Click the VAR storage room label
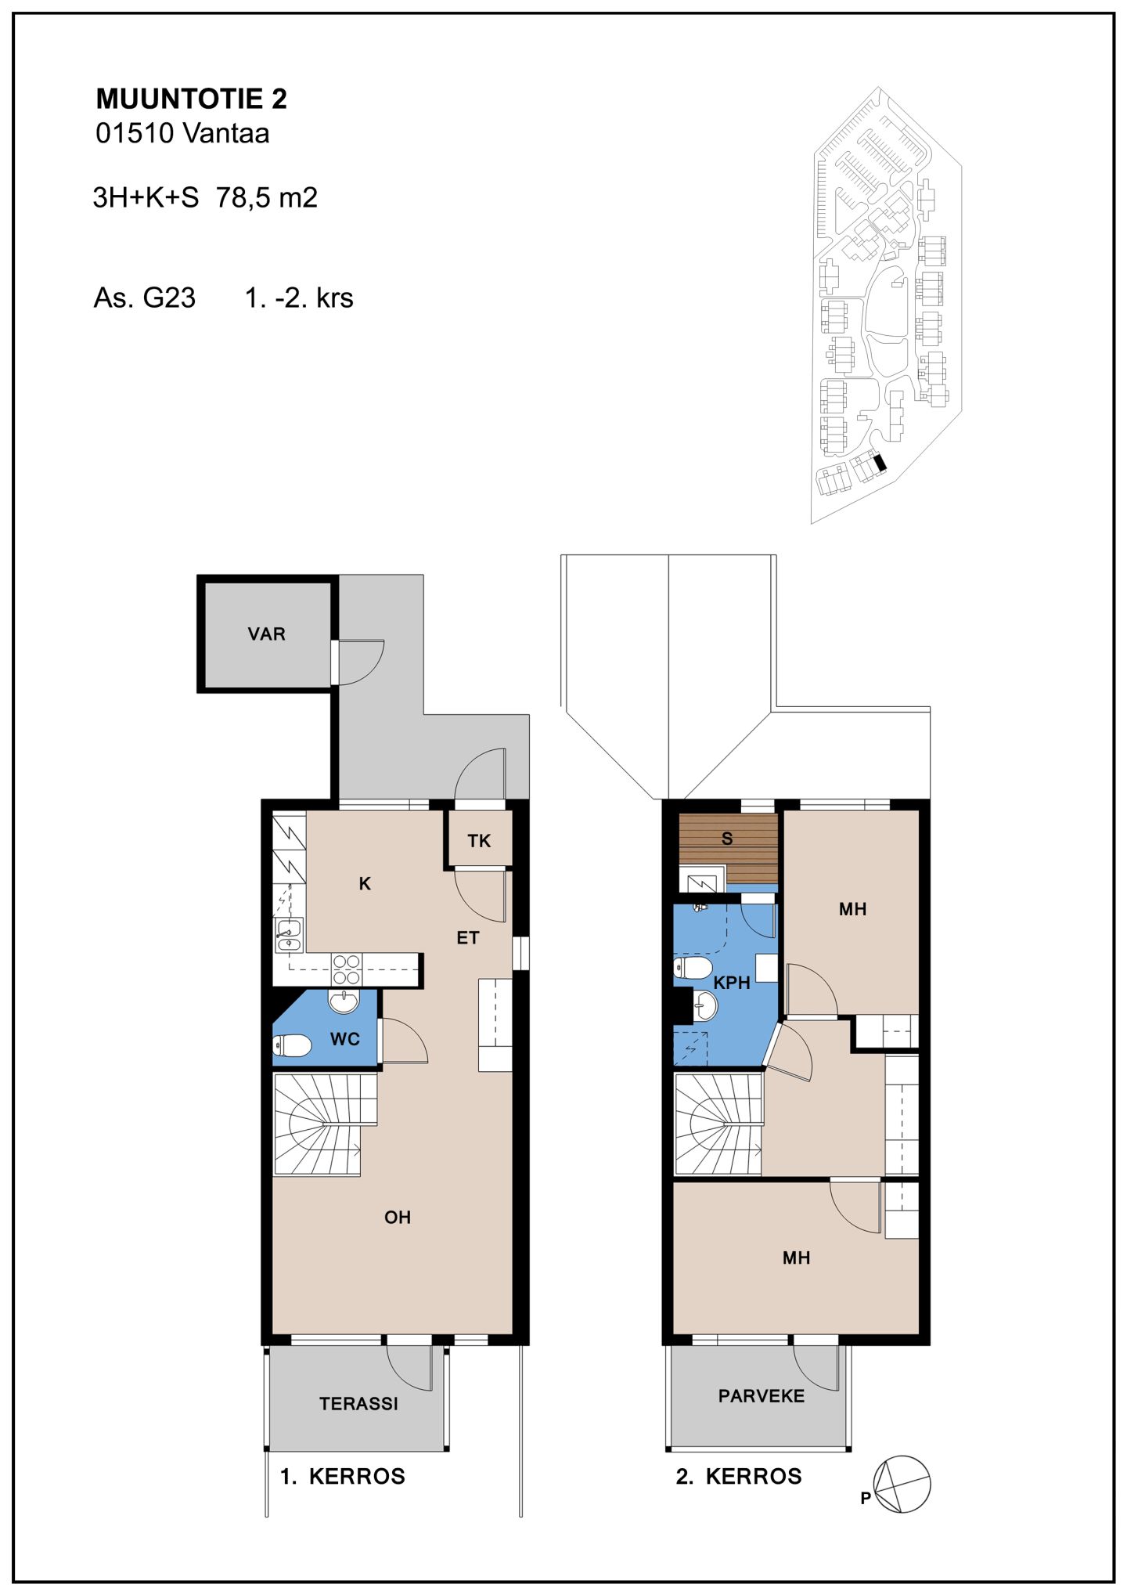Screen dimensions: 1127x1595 [x=266, y=634]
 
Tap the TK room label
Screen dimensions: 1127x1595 [x=479, y=841]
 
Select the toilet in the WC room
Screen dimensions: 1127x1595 [x=292, y=1045]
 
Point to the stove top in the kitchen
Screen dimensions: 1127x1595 [x=346, y=970]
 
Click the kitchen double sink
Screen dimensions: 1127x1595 [x=289, y=936]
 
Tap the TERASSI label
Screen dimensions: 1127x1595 [x=358, y=1404]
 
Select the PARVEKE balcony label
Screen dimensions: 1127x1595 [x=762, y=1396]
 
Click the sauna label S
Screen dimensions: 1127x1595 [x=727, y=839]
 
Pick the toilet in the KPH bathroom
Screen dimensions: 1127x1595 [x=693, y=968]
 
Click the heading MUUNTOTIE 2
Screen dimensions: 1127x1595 [x=192, y=99]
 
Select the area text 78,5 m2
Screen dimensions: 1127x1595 [x=267, y=197]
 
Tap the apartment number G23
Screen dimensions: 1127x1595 [x=169, y=298]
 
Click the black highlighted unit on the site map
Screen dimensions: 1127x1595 [x=880, y=463]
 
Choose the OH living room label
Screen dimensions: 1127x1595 [x=398, y=1217]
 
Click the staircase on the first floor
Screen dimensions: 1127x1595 [x=324, y=1124]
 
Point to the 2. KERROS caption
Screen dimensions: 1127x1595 [x=739, y=1476]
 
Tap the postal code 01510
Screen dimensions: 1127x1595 [x=135, y=133]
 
